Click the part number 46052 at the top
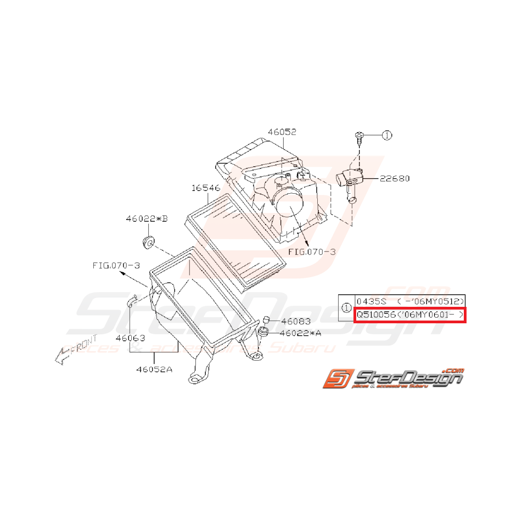tap(282, 132)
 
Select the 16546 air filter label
tap(206, 188)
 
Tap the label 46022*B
tap(147, 219)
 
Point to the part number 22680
tap(394, 178)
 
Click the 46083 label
tap(296, 322)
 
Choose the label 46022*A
tap(300, 333)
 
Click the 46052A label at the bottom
tap(155, 369)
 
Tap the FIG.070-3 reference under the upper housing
tap(312, 252)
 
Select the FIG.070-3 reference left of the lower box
tap(116, 266)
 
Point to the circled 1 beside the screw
tap(388, 135)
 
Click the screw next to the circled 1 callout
tap(358, 137)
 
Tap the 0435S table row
tap(409, 301)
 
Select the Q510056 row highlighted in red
tap(409, 316)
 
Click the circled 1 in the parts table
tap(346, 308)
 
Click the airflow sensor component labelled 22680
tap(348, 179)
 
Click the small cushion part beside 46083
tap(266, 319)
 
